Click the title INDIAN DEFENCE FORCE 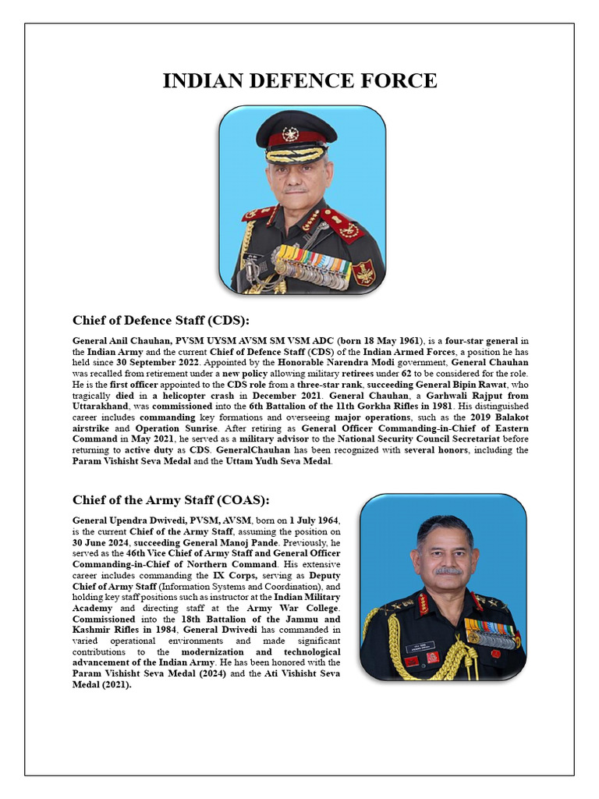[x=299, y=81]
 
